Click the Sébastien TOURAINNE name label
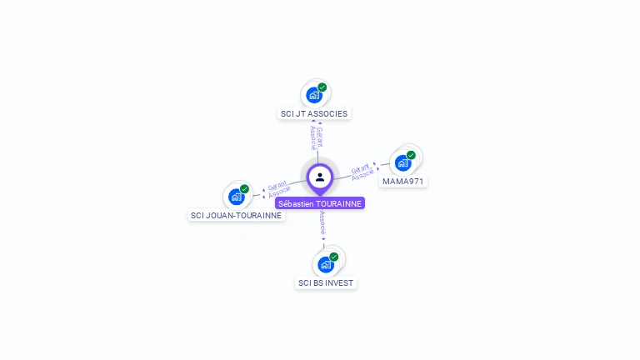320,203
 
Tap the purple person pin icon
320,177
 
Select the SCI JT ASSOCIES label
314,113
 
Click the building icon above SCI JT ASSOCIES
313,94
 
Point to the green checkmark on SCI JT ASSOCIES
322,87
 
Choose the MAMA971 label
403,181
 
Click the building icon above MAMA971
402,162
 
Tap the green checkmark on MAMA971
411,155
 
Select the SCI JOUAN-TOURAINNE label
236,215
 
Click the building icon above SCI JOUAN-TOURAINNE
236,197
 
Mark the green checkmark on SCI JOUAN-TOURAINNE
244,189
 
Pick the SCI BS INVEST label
326,283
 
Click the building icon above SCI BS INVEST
325,264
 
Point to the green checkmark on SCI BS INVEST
334,257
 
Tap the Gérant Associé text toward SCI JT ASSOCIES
317,137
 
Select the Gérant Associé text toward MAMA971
363,172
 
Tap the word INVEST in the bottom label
339,283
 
